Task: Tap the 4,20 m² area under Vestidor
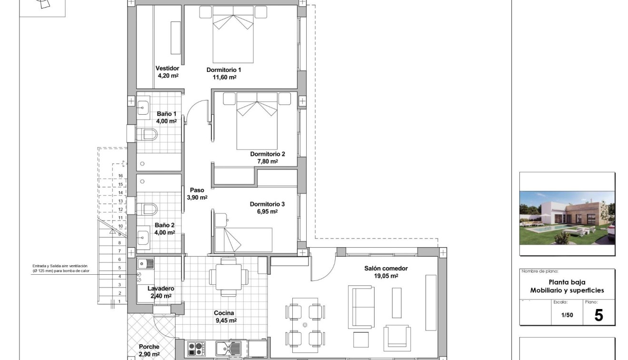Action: [x=168, y=75]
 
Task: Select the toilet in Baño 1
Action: [x=147, y=134]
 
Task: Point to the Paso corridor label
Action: [x=197, y=190]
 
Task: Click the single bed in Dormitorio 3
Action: [x=243, y=240]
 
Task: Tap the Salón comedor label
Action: [x=386, y=269]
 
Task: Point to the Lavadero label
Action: [x=160, y=289]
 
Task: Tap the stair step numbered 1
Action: [x=120, y=301]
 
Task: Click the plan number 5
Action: [x=598, y=315]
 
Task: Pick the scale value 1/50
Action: [x=567, y=315]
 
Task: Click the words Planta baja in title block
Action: [x=567, y=282]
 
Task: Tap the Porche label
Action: [x=149, y=347]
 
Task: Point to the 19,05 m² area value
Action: [x=386, y=276]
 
